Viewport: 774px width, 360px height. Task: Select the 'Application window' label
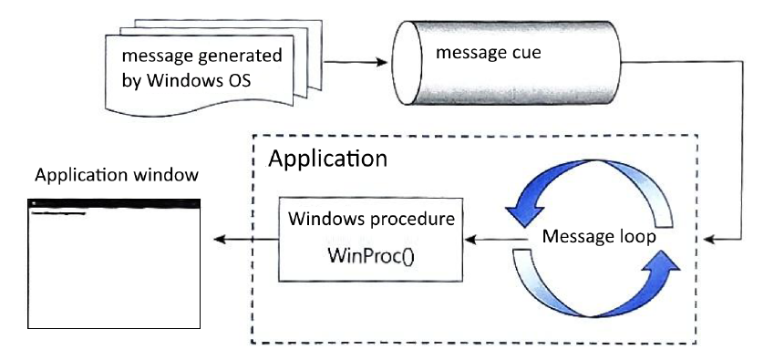[117, 175]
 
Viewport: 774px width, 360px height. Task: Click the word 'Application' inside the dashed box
[328, 159]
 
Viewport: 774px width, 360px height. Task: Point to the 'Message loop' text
[599, 237]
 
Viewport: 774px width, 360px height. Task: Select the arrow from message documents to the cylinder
[355, 63]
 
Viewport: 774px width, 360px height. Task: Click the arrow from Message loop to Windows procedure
[493, 241]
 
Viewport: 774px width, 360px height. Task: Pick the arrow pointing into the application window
[246, 240]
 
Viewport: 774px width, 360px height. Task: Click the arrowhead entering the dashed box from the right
[709, 240]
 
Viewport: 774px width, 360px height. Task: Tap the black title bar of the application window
[114, 203]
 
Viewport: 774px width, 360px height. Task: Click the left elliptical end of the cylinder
[408, 63]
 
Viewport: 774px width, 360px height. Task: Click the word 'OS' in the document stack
[238, 80]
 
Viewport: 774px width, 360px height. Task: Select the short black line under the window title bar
[58, 213]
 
